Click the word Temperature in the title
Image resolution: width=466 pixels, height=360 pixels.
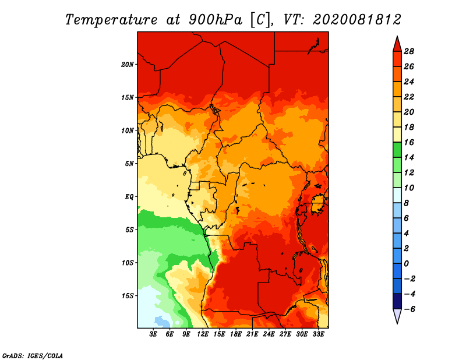pyautogui.click(x=111, y=20)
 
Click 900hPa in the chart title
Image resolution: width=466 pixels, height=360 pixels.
pyautogui.click(x=216, y=20)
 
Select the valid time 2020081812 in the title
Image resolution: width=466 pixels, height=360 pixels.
pyautogui.click(x=356, y=20)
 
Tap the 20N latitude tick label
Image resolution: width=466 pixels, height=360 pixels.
pyautogui.click(x=128, y=65)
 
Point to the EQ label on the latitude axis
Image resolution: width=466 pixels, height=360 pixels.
pyautogui.click(x=129, y=197)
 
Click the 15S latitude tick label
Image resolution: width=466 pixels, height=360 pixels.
pyautogui.click(x=128, y=296)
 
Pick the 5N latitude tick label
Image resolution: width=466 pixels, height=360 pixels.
pyautogui.click(x=129, y=164)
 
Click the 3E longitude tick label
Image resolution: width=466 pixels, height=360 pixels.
pyautogui.click(x=153, y=334)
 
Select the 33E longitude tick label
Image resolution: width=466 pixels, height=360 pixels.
pyautogui.click(x=318, y=334)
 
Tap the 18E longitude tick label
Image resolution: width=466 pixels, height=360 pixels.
pyautogui.click(x=236, y=334)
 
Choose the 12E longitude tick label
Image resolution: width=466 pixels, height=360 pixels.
pyautogui.click(x=203, y=334)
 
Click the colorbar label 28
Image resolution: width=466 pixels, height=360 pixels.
pyautogui.click(x=409, y=51)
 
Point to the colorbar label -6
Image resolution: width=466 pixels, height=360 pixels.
pyautogui.click(x=409, y=309)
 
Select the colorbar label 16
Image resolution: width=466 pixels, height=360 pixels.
pyautogui.click(x=409, y=142)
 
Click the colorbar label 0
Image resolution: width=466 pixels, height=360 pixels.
pyautogui.click(x=406, y=264)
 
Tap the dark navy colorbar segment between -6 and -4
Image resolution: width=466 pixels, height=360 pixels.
pyautogui.click(x=397, y=301)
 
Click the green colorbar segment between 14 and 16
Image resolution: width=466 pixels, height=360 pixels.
pyautogui.click(x=397, y=150)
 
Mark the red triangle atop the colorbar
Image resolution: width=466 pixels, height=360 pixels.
pyautogui.click(x=397, y=44)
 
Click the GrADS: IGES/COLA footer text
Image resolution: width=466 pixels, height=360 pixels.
pyautogui.click(x=33, y=356)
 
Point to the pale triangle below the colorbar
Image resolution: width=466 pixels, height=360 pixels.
pyautogui.click(x=397, y=316)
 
